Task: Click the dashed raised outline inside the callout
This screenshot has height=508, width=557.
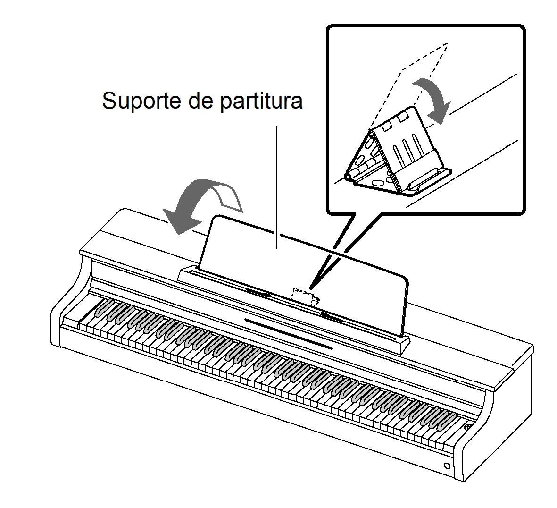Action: (x=408, y=85)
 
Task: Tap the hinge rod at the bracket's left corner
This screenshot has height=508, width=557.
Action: (x=359, y=170)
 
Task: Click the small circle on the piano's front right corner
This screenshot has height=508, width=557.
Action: (x=447, y=466)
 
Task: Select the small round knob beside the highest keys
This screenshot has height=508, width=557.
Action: (x=468, y=427)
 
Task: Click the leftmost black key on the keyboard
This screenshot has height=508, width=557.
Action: (x=102, y=308)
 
